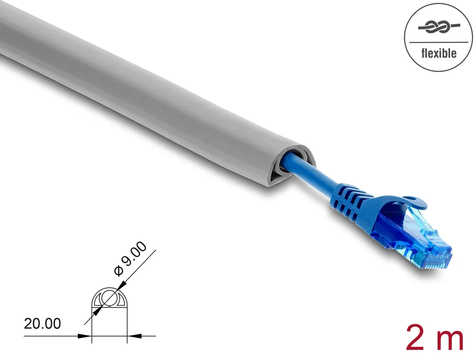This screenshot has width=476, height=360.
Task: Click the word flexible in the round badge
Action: coord(438,54)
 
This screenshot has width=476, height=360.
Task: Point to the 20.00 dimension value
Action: coord(42,324)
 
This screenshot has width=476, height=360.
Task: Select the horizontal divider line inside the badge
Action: coord(438,42)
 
